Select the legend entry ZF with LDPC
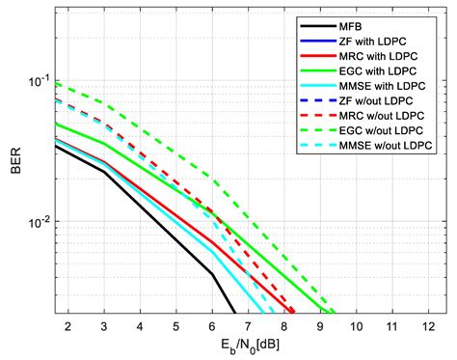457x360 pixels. pyautogui.click(x=382, y=42)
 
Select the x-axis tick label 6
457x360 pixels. pyautogui.click(x=213, y=326)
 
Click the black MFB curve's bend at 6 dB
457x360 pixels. pyautogui.click(x=213, y=273)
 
